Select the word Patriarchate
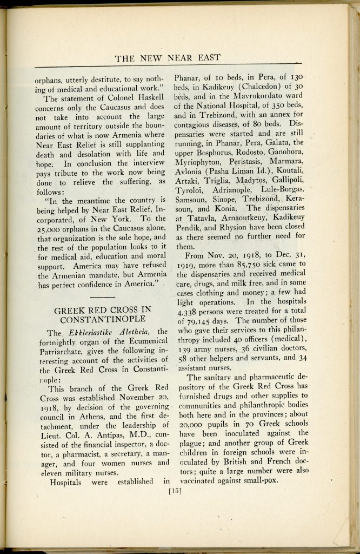(x=64, y=351)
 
